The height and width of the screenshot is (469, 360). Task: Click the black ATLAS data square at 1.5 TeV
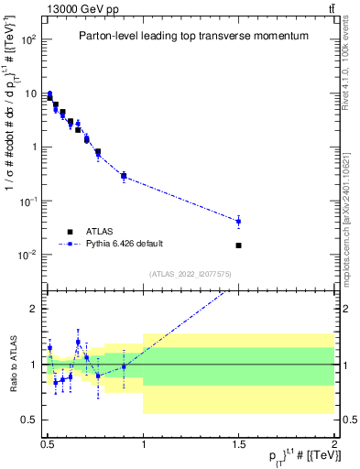(238, 245)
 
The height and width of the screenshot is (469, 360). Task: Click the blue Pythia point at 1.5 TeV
(238, 221)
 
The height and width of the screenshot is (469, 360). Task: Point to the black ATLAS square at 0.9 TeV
(124, 176)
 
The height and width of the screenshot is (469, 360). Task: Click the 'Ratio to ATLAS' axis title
(11, 365)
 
